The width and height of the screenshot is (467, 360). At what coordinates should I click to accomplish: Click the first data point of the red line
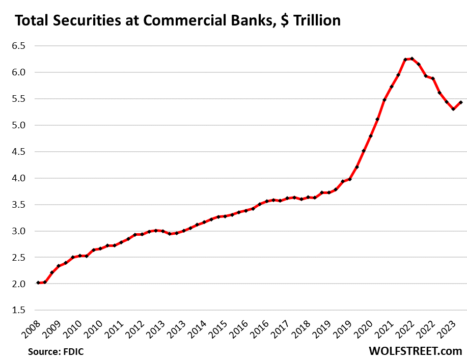[38, 283]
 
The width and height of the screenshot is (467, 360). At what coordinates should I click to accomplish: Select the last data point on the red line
[460, 102]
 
